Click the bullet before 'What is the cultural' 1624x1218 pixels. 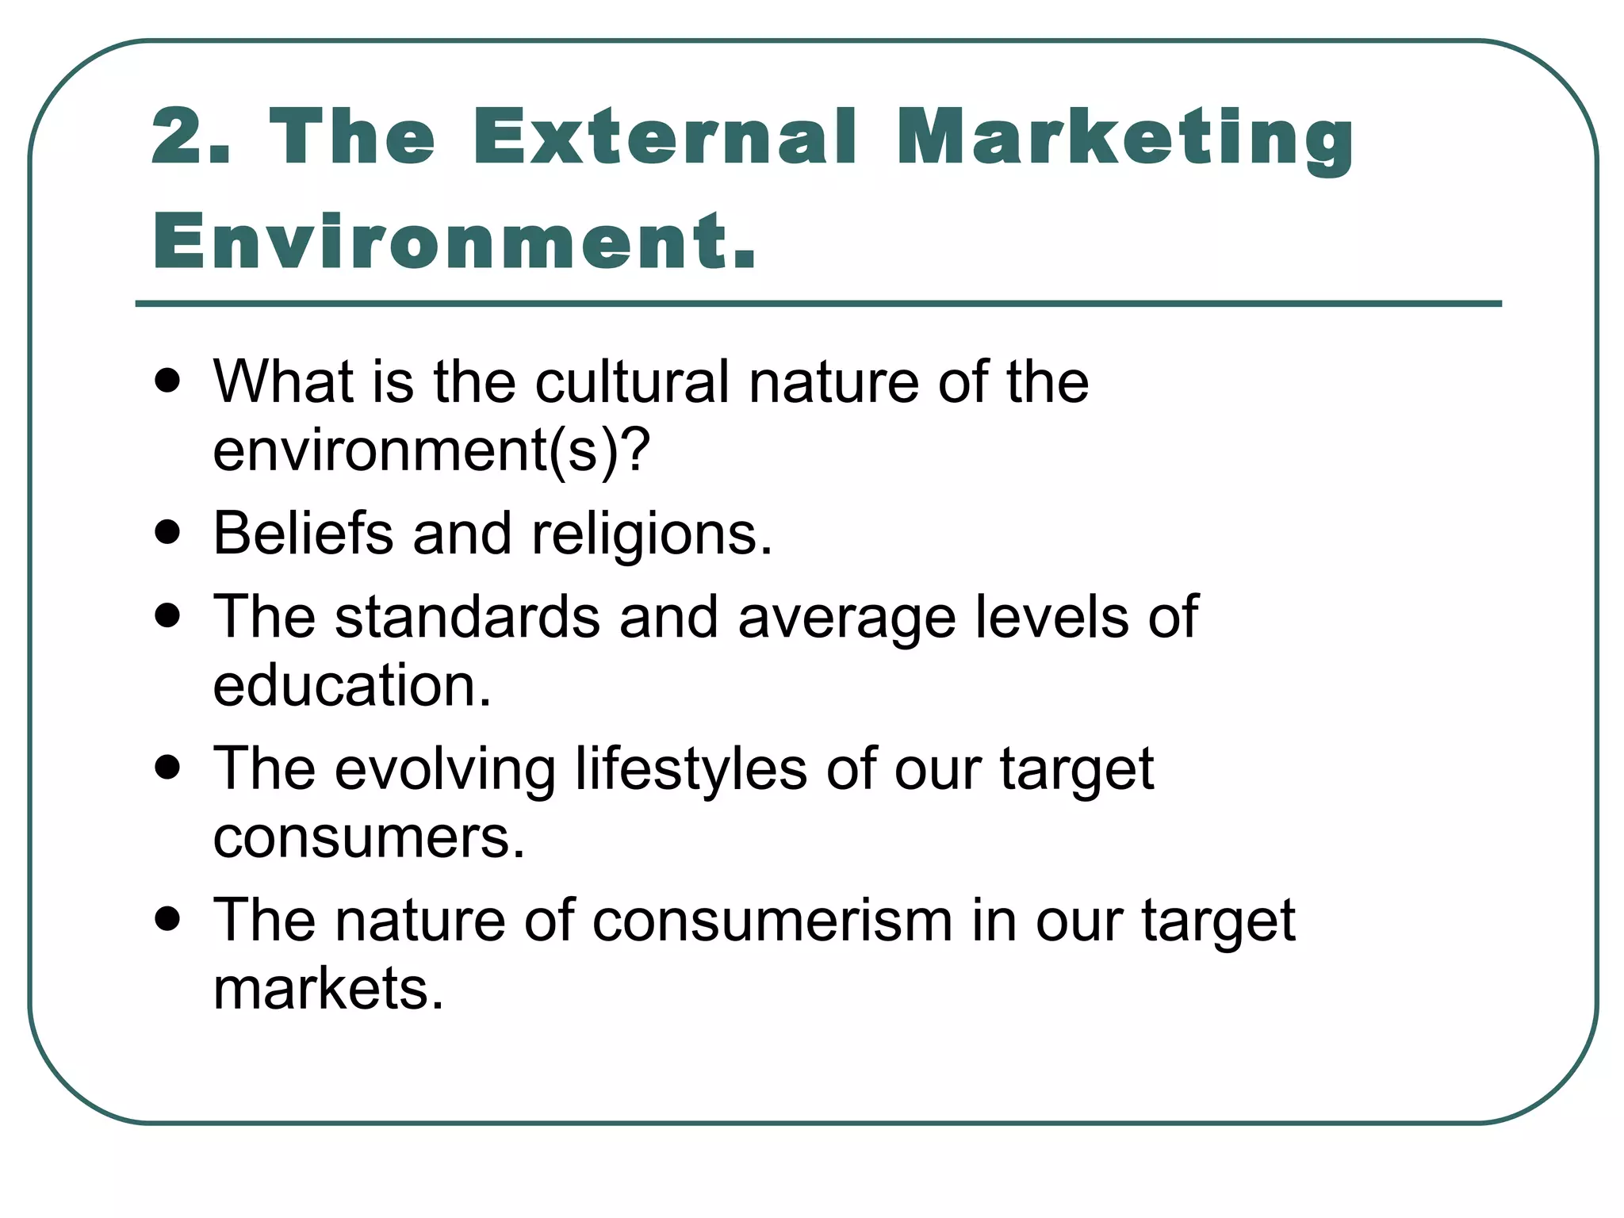tap(167, 382)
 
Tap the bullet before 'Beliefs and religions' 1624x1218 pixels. tap(167, 533)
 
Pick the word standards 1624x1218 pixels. tap(467, 617)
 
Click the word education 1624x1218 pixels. tap(352, 685)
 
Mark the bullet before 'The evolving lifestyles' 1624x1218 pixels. tap(167, 768)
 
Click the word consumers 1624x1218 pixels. tap(369, 837)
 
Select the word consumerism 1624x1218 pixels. tap(772, 921)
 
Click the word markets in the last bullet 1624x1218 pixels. tap(328, 989)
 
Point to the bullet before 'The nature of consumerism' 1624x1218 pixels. tap(167, 921)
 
